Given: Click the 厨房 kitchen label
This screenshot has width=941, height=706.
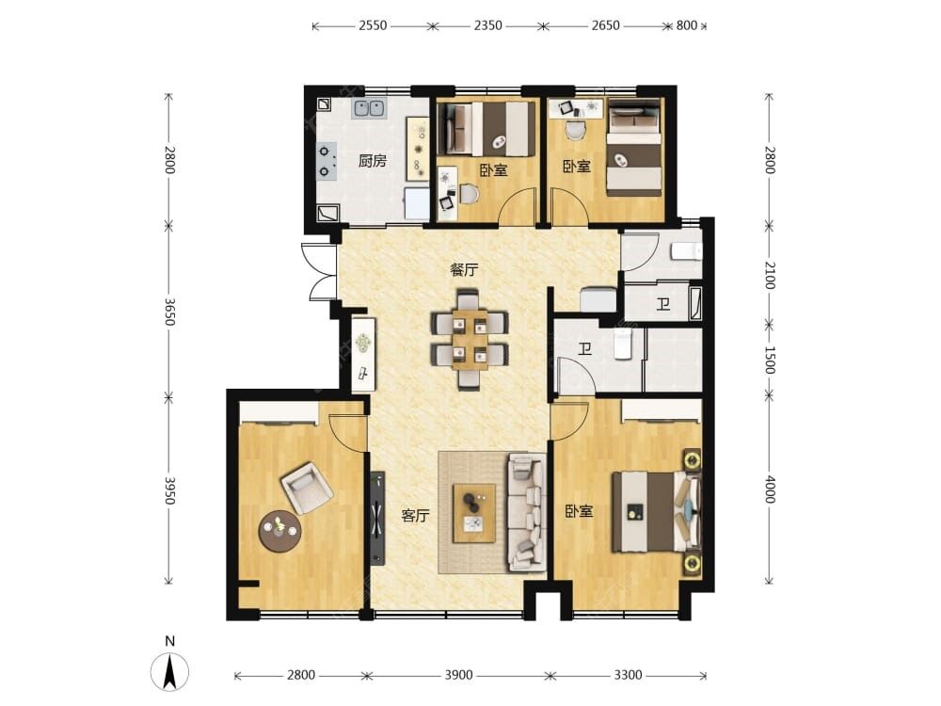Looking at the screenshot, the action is tap(372, 161).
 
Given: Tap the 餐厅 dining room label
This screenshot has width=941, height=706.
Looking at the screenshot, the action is tap(465, 270).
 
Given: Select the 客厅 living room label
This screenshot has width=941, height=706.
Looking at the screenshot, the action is tap(415, 516).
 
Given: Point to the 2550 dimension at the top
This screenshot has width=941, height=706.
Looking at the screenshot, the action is tap(373, 25).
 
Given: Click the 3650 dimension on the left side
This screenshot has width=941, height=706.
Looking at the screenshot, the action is tap(169, 312).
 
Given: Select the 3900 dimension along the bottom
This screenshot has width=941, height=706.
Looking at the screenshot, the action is tap(458, 675).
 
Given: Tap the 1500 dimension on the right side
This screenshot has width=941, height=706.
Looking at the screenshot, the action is tap(770, 360).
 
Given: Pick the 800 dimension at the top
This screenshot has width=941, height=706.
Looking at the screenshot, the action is tap(687, 25).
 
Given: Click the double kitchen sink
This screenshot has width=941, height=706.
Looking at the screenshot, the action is tap(369, 108).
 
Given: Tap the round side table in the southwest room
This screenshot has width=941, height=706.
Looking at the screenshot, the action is tap(279, 531).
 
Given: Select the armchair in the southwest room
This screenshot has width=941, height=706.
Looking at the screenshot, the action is tap(307, 488).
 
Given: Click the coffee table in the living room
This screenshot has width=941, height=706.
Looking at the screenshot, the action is tap(474, 513).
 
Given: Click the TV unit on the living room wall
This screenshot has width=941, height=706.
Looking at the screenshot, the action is tap(377, 518).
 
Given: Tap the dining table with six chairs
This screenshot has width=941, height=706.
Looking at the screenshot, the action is tap(470, 340).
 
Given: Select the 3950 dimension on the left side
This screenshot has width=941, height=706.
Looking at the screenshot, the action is tap(169, 490).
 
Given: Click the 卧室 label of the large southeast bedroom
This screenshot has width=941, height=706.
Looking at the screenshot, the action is tap(579, 511).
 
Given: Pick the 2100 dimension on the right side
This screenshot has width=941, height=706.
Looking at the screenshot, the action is tap(770, 275).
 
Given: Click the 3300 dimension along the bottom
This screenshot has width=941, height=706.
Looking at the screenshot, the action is tap(628, 675).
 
